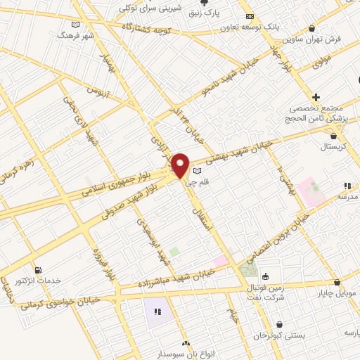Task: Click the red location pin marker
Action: pyautogui.click(x=181, y=165)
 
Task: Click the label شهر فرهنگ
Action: pyautogui.click(x=76, y=34)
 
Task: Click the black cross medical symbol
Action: pyautogui.click(x=316, y=96)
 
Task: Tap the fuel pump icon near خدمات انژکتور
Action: pyautogui.click(x=37, y=269)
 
